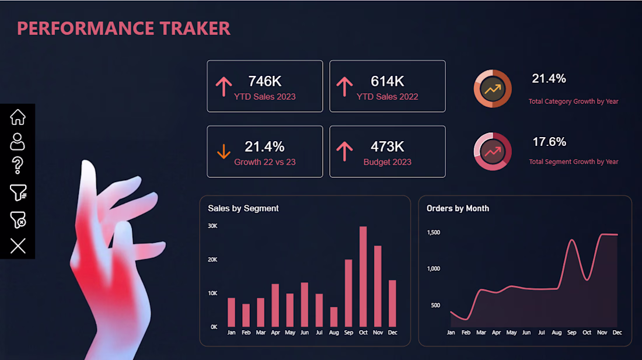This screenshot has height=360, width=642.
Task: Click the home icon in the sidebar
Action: click(x=18, y=117)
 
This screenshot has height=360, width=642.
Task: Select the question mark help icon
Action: click(x=17, y=165)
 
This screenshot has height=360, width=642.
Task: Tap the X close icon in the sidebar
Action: click(x=18, y=246)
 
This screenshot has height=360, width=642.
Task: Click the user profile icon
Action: click(x=17, y=142)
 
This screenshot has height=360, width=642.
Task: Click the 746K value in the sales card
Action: click(x=264, y=81)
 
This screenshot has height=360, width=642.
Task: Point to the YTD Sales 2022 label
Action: click(x=388, y=96)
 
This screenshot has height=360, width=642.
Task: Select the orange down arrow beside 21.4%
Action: click(x=224, y=151)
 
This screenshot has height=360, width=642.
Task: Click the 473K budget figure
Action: click(x=388, y=146)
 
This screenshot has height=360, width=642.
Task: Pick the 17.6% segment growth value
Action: click(x=549, y=142)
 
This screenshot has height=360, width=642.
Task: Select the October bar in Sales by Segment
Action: click(x=363, y=276)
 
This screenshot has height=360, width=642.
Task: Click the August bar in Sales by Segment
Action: click(x=334, y=317)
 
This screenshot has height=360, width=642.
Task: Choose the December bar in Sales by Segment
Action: click(x=392, y=303)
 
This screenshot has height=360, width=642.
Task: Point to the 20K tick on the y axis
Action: click(x=212, y=260)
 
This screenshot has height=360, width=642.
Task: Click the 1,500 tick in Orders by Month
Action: click(x=434, y=232)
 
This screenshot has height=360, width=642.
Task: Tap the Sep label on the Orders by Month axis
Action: click(x=571, y=333)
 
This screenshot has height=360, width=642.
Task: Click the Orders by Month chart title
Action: click(x=458, y=208)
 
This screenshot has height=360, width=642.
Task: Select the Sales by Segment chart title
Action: click(x=243, y=208)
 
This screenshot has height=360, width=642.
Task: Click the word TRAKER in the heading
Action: click(x=195, y=28)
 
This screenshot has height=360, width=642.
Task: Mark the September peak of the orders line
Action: click(x=572, y=240)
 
